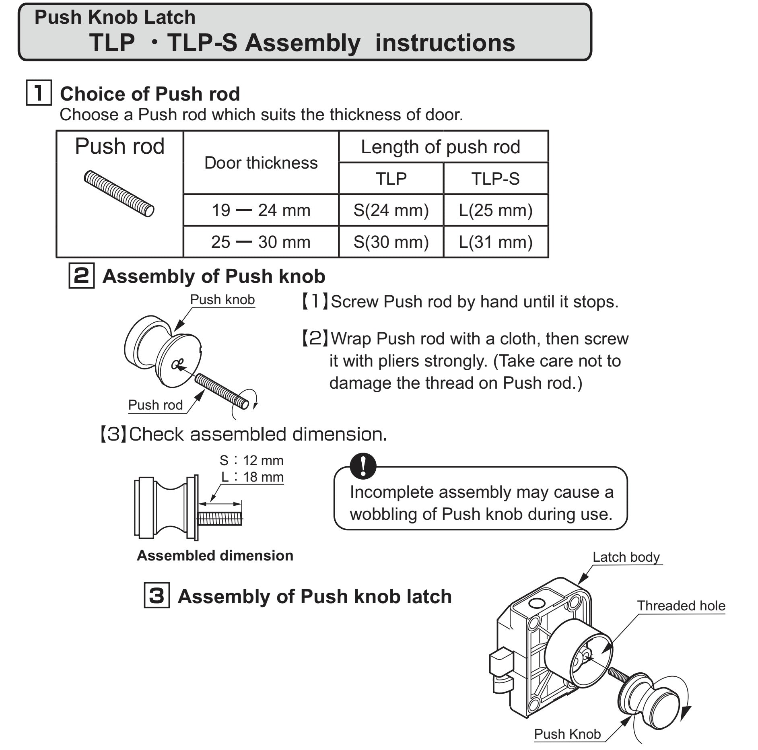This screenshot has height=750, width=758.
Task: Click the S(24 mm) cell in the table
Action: tap(391, 210)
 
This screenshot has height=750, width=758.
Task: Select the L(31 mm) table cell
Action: tap(495, 242)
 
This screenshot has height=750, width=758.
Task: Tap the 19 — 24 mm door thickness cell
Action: tap(261, 210)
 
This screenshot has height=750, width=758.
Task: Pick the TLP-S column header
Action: tap(495, 178)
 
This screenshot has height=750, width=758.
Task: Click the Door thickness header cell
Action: tap(261, 163)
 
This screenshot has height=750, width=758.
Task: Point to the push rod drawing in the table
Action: tap(119, 194)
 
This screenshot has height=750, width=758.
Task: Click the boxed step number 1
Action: tap(39, 93)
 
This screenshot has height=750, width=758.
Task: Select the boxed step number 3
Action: tap(157, 595)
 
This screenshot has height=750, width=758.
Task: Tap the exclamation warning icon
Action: tap(363, 466)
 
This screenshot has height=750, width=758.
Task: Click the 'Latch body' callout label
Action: tap(626, 557)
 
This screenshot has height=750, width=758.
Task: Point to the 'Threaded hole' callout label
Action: tap(681, 606)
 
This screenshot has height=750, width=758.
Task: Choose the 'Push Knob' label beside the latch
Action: tap(567, 734)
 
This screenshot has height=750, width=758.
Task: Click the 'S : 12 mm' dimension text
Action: tap(251, 460)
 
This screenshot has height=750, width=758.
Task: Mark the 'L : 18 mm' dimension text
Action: tap(252, 477)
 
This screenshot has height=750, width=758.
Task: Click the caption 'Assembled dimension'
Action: tap(215, 556)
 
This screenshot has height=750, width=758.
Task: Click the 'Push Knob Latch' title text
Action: tap(115, 17)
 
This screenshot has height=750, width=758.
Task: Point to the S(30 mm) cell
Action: tap(391, 242)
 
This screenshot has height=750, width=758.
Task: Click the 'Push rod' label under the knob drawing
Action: tap(155, 405)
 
